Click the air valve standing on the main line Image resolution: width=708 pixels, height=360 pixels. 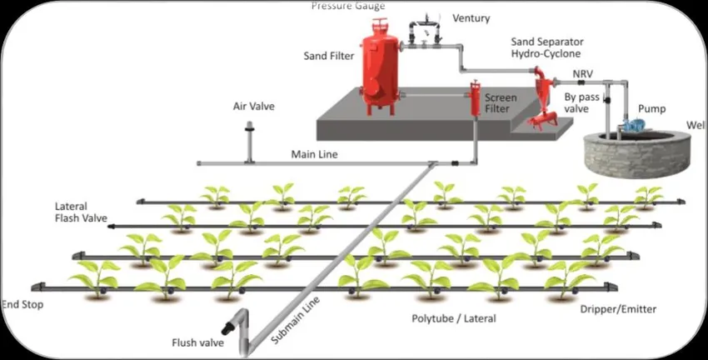click(248, 142)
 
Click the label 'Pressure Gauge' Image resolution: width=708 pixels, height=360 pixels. click(348, 6)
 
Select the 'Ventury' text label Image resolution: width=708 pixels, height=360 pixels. click(471, 18)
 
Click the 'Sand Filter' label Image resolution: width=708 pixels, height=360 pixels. click(329, 56)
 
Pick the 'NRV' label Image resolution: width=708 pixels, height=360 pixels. click(584, 73)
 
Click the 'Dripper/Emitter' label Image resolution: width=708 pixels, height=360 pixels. click(618, 309)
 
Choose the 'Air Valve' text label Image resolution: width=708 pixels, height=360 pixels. click(253, 107)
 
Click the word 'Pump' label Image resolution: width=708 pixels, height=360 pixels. click(651, 109)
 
